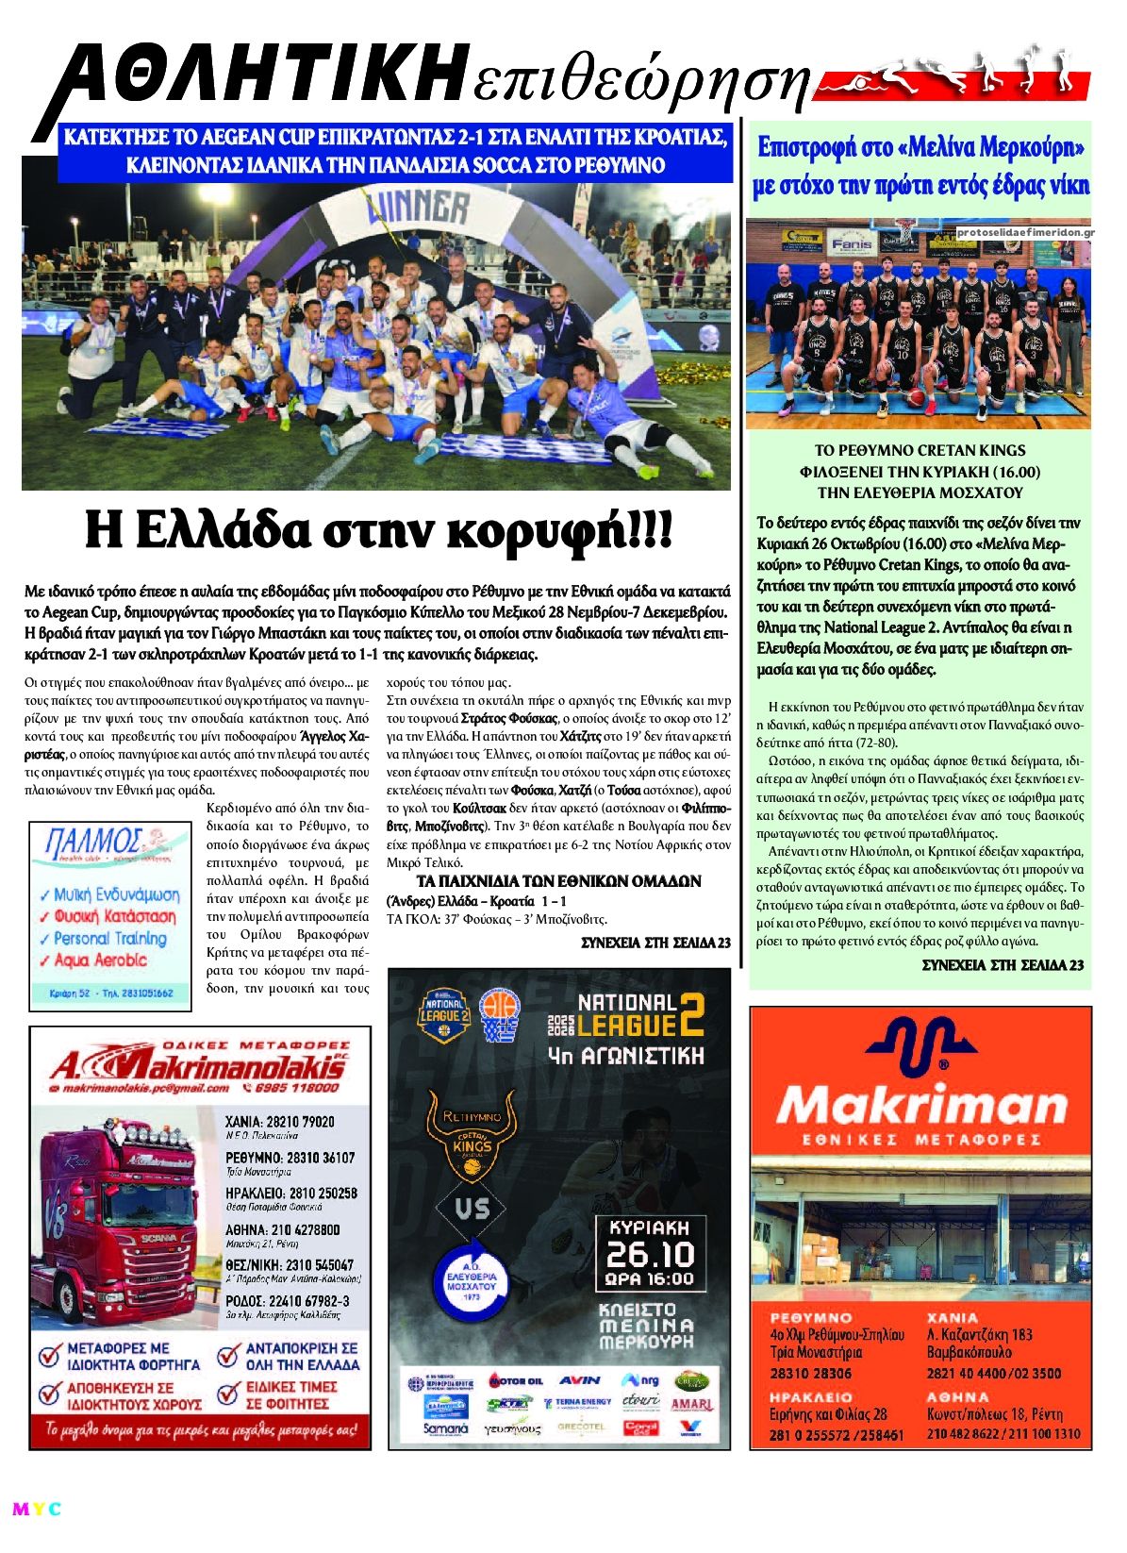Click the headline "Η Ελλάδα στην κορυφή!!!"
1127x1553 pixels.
tap(379, 530)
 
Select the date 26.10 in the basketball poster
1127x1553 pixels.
tap(651, 1253)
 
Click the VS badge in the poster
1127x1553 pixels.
tap(472, 1209)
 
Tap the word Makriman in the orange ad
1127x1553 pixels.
tap(920, 1106)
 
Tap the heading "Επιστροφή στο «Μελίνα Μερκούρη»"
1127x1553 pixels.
tap(921, 148)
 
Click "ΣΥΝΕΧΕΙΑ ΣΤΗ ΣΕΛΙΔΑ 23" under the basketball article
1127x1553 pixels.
tap(1003, 964)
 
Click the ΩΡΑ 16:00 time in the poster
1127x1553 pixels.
tap(651, 1280)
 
